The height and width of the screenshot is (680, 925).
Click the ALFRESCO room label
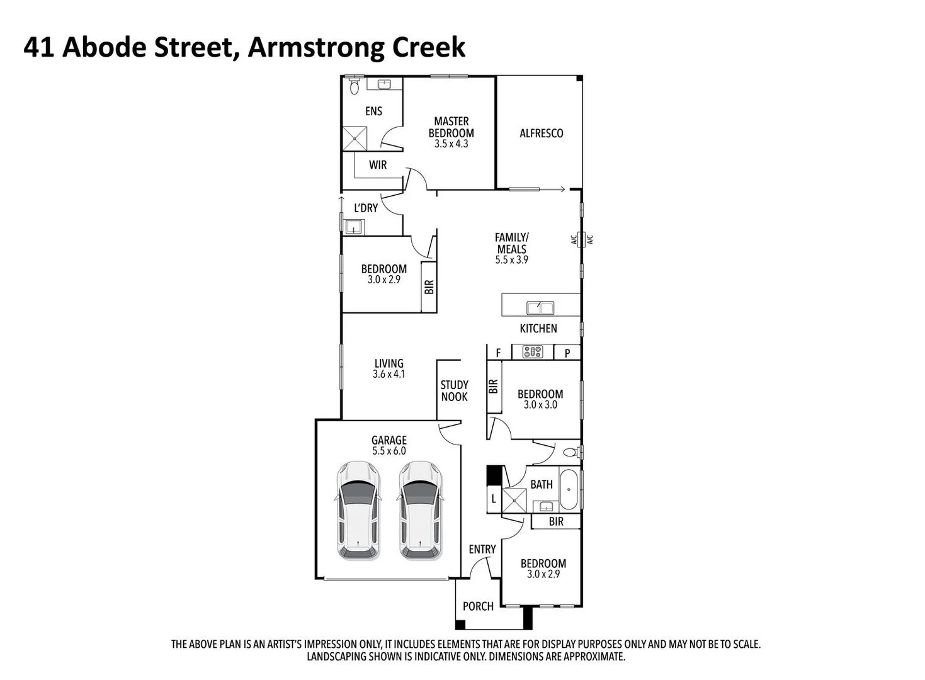click(541, 133)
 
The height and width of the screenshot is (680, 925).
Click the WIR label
click(378, 165)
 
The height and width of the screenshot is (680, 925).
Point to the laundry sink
click(354, 227)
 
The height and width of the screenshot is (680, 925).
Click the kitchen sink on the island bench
click(540, 308)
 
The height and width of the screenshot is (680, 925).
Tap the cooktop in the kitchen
click(532, 352)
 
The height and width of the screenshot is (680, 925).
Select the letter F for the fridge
click(498, 353)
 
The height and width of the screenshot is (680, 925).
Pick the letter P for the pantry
click(567, 353)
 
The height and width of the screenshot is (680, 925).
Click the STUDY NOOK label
click(454, 391)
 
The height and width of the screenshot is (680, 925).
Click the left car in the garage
click(358, 510)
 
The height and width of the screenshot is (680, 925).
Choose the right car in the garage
click(420, 510)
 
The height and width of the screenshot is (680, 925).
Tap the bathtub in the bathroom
click(569, 489)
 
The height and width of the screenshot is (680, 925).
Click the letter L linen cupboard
click(494, 499)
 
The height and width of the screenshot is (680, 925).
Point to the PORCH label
click(478, 606)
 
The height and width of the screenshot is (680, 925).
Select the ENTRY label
click(482, 550)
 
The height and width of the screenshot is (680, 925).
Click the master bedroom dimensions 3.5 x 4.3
click(451, 144)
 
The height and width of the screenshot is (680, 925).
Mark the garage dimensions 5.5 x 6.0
click(389, 451)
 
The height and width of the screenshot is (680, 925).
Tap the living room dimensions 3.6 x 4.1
click(389, 375)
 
